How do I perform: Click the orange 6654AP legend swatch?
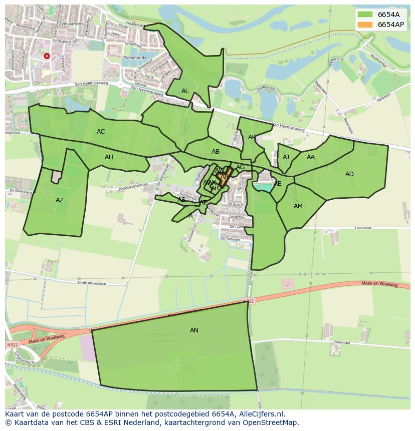click(365, 25)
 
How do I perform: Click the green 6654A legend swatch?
click(365, 15)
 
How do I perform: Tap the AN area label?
click(194, 330)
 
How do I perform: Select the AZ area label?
click(60, 200)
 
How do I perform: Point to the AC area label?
click(101, 132)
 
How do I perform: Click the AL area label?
click(185, 91)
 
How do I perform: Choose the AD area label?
click(349, 174)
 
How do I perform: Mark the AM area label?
click(298, 206)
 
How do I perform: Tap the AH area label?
click(109, 157)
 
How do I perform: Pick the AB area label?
click(216, 152)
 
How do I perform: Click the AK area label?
click(252, 137)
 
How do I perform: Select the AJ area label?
click(286, 157)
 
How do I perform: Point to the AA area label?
click(311, 157)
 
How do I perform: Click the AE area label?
click(278, 184)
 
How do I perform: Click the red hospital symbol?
click(47, 57)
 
